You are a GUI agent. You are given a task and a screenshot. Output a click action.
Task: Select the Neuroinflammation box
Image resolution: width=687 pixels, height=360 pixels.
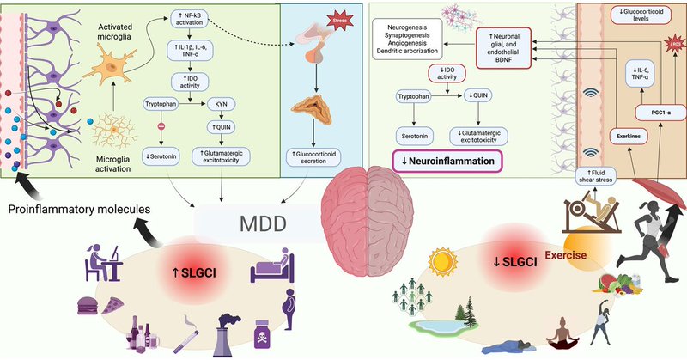pos(446,161)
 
